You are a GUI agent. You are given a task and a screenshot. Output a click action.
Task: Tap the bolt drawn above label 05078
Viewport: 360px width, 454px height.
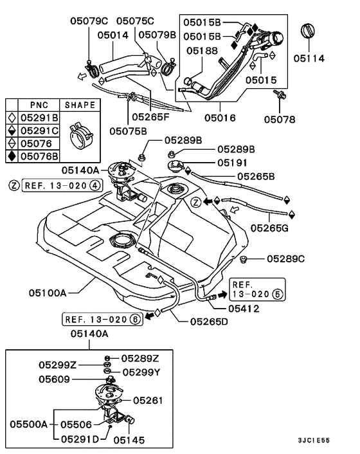[281, 96]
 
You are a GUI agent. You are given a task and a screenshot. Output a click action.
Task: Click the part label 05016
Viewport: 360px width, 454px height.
[220, 118]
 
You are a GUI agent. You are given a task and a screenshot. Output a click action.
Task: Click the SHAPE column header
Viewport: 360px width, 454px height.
[80, 105]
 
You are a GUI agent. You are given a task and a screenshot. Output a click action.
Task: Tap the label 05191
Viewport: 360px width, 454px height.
[233, 163]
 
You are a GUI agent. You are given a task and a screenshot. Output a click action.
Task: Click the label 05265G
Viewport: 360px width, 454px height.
[271, 227]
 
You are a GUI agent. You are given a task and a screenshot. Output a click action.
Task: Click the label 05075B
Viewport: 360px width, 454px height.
[129, 131]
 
